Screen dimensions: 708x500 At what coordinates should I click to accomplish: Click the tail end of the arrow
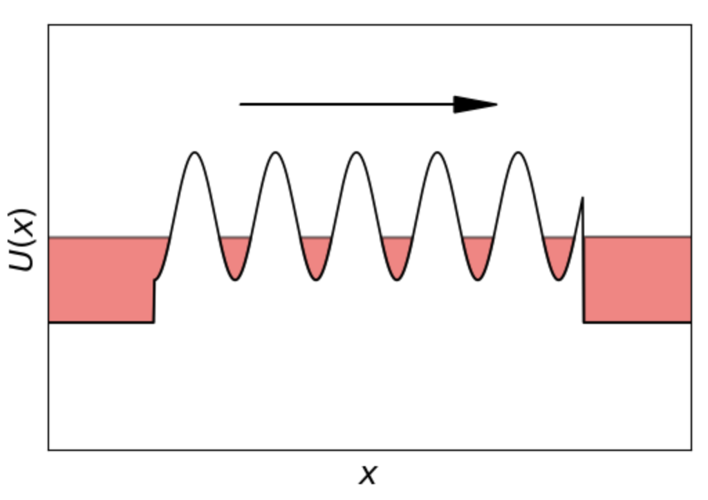point(240,104)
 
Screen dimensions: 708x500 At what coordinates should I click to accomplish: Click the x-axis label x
point(368,474)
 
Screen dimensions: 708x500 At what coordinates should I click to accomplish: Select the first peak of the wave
point(195,153)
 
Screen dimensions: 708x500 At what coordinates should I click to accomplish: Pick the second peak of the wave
point(276,153)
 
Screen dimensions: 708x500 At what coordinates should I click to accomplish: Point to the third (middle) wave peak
point(357,153)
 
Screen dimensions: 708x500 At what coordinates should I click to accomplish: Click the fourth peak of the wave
point(438,153)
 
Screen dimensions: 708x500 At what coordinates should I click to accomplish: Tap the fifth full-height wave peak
point(519,153)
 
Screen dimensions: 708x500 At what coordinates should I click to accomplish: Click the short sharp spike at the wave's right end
point(582,198)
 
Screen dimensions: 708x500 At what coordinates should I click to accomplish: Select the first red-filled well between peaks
point(235,257)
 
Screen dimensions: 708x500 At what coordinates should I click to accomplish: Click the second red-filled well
point(316,257)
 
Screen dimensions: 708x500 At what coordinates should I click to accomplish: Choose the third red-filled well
point(397,257)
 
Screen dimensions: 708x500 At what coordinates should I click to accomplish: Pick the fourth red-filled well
point(478,257)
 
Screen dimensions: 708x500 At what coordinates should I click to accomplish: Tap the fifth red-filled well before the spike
point(559,257)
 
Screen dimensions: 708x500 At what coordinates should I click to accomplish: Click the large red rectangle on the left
point(101,280)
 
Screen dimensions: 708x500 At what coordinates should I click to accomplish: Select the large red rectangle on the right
point(637,280)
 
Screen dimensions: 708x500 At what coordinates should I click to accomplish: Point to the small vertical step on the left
point(154,301)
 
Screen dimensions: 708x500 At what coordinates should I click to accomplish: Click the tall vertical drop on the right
point(583,260)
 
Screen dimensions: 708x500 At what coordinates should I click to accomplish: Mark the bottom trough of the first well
point(235,280)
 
